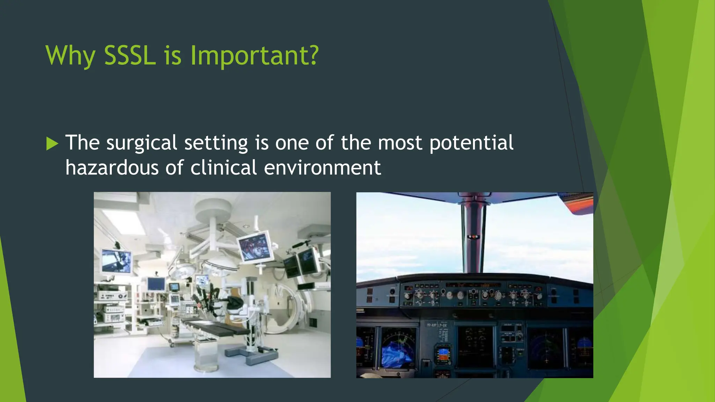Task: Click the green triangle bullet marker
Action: tap(52, 143)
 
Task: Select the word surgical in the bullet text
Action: tap(142, 143)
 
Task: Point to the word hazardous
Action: tap(112, 167)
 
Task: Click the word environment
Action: tap(322, 167)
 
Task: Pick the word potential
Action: tap(471, 143)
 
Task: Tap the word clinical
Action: tap(224, 167)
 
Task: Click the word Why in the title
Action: tap(70, 56)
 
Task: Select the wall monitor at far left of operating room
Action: tap(117, 261)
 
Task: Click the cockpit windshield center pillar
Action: tap(473, 237)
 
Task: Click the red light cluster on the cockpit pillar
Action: tap(473, 237)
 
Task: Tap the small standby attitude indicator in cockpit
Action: tap(443, 355)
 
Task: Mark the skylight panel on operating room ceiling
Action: tap(124, 221)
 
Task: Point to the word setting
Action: tap(216, 143)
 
